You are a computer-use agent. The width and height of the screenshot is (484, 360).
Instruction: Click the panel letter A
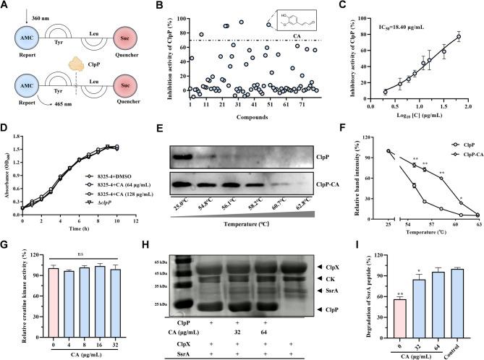point(6,7)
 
